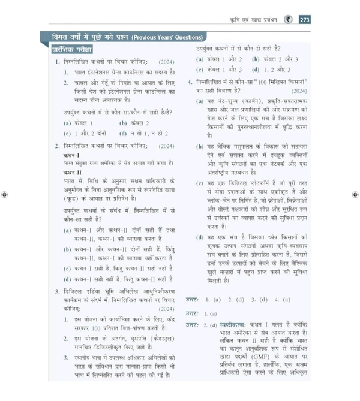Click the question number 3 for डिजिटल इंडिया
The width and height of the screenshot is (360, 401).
(56, 291)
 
